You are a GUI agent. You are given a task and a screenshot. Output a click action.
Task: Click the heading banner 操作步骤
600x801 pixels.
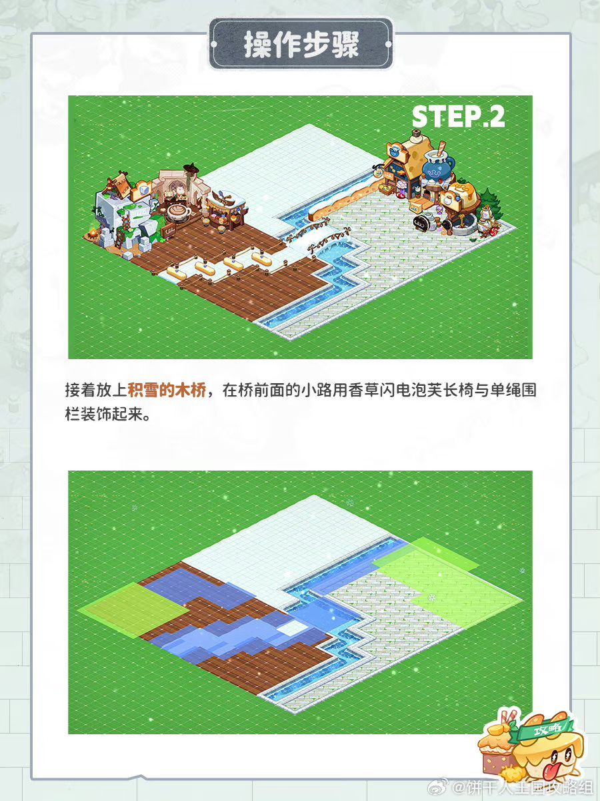pos(301,45)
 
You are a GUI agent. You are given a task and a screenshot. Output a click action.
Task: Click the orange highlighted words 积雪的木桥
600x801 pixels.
pos(167,390)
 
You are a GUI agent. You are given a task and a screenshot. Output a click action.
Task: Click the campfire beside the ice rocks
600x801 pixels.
pos(93,233)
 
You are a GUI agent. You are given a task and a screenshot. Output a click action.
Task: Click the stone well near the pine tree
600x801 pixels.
pos(462,224)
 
